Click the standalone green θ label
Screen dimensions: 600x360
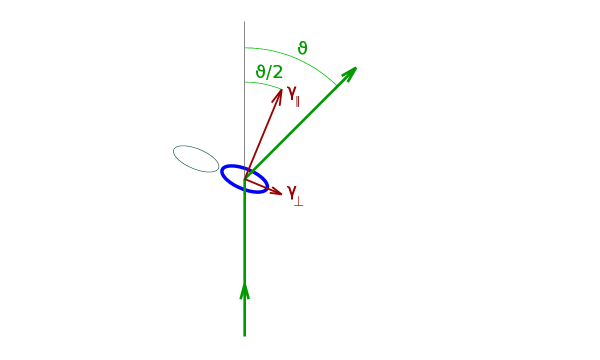click(x=302, y=48)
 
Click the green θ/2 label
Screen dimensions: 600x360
click(x=269, y=72)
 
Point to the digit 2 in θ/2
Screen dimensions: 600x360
click(x=278, y=72)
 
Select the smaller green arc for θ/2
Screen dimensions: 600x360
click(x=264, y=84)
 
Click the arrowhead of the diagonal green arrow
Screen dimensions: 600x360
click(x=349, y=74)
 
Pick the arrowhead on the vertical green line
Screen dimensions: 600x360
click(x=244, y=290)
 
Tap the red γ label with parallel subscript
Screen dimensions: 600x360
click(x=293, y=94)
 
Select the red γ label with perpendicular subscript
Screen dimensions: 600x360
click(x=294, y=193)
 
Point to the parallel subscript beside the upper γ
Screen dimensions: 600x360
click(x=297, y=101)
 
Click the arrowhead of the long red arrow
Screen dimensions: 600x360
click(x=279, y=97)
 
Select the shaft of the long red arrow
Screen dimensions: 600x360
click(x=262, y=136)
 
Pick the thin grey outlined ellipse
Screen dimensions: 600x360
click(x=196, y=158)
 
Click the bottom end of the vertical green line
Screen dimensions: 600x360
click(x=244, y=335)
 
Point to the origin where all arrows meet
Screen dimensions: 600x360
click(x=245, y=179)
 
